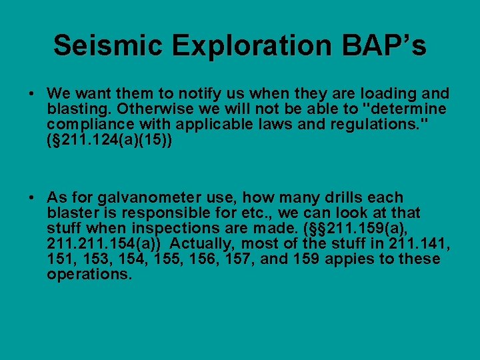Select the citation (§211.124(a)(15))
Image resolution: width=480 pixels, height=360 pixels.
pos(109,140)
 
